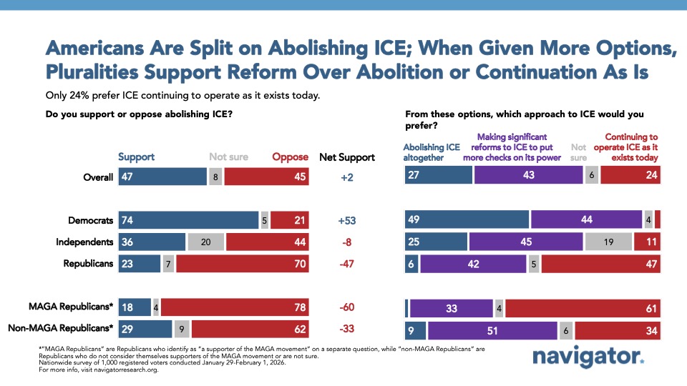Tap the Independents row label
tap(84, 242)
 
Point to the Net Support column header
tap(347, 157)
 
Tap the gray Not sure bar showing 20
tap(206, 242)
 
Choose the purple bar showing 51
tap(492, 330)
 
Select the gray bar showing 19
tap(608, 242)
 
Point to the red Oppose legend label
tap(290, 157)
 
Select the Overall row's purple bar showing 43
tap(527, 175)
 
